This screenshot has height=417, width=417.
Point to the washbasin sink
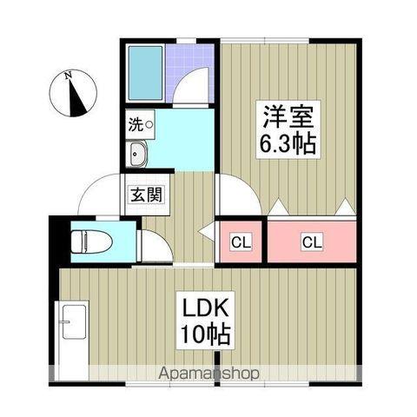[x=138, y=156]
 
